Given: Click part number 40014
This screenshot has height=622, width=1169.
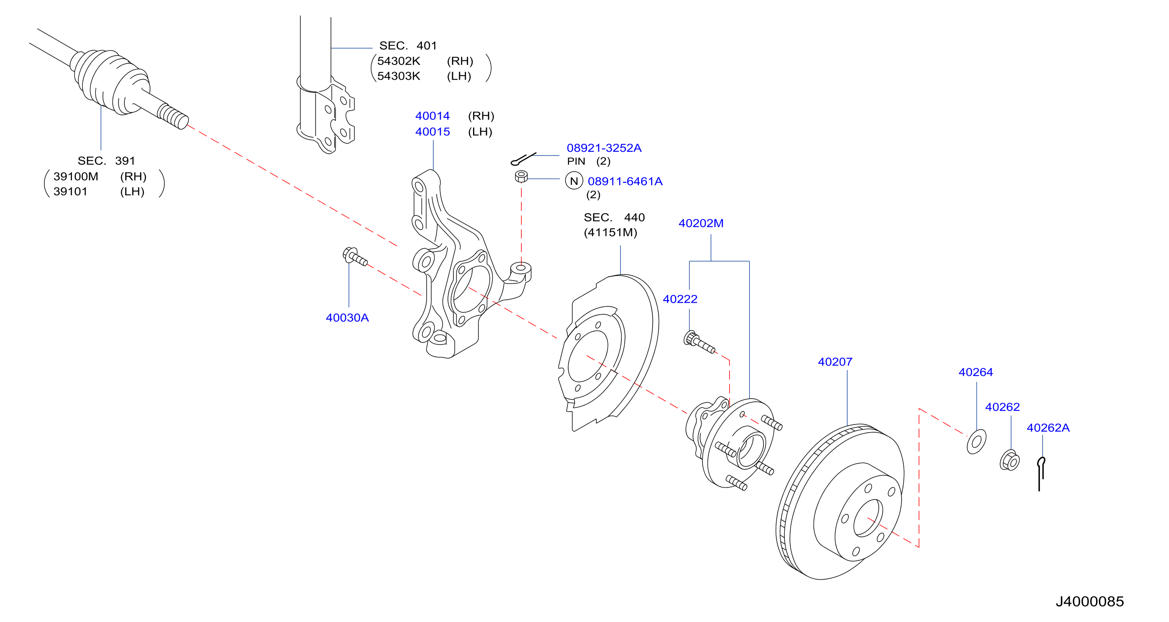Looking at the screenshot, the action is pyautogui.click(x=432, y=116).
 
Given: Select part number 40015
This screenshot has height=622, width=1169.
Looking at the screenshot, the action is pyautogui.click(x=432, y=132).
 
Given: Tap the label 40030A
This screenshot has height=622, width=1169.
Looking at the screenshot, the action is pyautogui.click(x=347, y=318).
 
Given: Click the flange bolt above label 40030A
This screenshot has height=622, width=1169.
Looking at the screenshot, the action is pyautogui.click(x=355, y=257).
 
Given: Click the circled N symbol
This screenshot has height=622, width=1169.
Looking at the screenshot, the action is pyautogui.click(x=574, y=181).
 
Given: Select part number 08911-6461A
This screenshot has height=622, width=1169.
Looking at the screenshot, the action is pyautogui.click(x=625, y=181).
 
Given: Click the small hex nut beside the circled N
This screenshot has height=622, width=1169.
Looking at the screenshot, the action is pyautogui.click(x=521, y=176).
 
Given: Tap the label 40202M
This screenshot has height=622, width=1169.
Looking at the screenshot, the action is pyautogui.click(x=701, y=223).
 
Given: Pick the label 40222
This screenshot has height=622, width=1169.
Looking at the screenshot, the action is pyautogui.click(x=680, y=299).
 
